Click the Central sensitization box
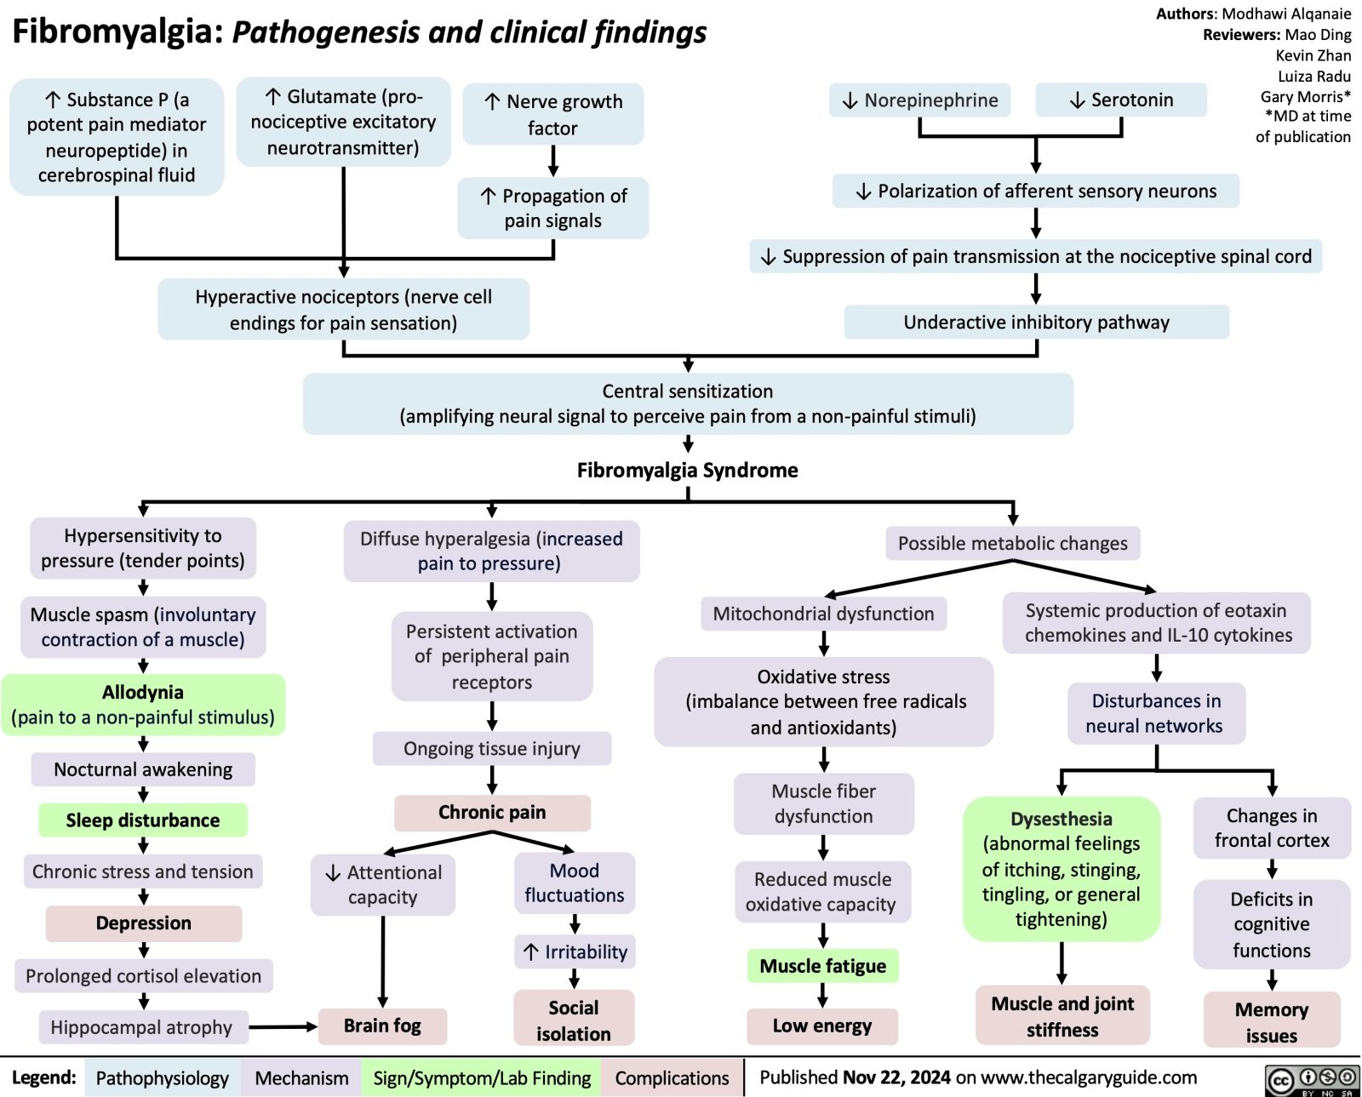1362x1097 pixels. pyautogui.click(x=688, y=403)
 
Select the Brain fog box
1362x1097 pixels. pyautogui.click(x=382, y=1026)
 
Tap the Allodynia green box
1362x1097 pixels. pyautogui.click(x=143, y=705)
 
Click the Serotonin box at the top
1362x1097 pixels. pyautogui.click(x=1121, y=100)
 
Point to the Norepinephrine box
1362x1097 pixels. pyautogui.click(x=920, y=100)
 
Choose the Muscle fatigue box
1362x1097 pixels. pyautogui.click(x=822, y=966)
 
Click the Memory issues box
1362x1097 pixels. pyautogui.click(x=1271, y=1022)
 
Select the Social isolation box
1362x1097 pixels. pyautogui.click(x=574, y=1020)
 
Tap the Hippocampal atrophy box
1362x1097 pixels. pyautogui.click(x=142, y=1027)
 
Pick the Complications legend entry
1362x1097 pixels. pyautogui.click(x=672, y=1078)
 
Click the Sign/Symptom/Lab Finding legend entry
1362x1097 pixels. pyautogui.click(x=482, y=1078)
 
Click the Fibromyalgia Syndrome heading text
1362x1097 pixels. pyautogui.click(x=687, y=470)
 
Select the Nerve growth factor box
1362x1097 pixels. pyautogui.click(x=553, y=114)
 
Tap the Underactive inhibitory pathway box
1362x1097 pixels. pyautogui.click(x=1036, y=322)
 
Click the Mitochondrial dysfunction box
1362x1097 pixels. pyautogui.click(x=823, y=614)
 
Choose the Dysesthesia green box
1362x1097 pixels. pyautogui.click(x=1061, y=869)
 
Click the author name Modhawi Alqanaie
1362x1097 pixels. pyautogui.click(x=1286, y=14)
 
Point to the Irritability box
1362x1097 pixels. pyautogui.click(x=575, y=951)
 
